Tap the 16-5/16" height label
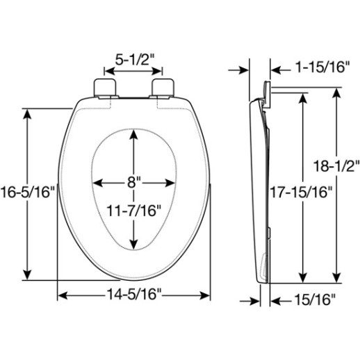[x=27, y=193]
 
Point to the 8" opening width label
[x=133, y=183]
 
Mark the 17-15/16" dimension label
[x=302, y=190]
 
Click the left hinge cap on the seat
[x=103, y=87]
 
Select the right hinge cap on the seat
[x=162, y=87]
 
